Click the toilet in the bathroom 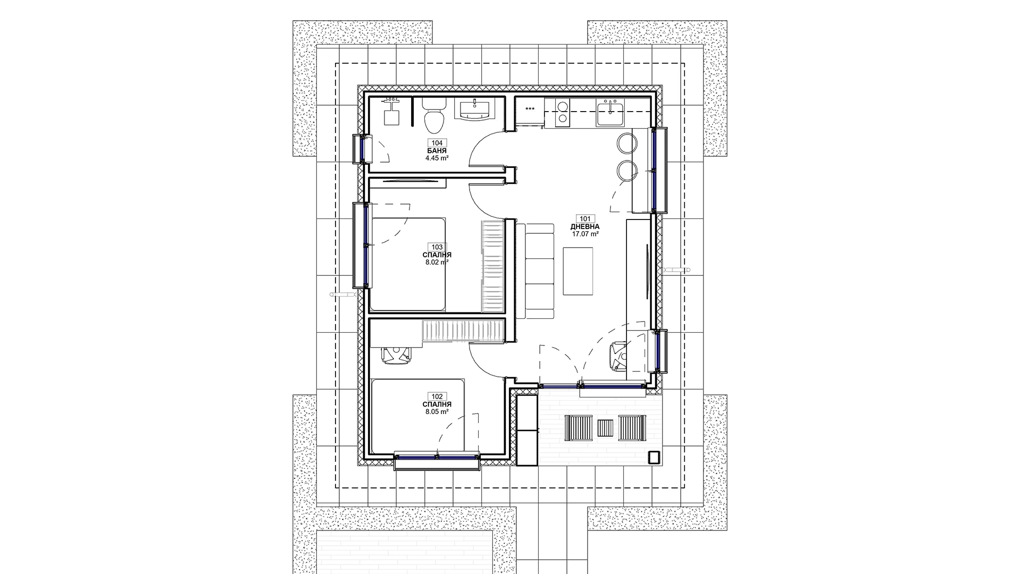tap(434, 115)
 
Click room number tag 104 tap(437, 143)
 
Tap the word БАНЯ tap(437, 151)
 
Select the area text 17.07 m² tap(585, 233)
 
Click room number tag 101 tap(585, 218)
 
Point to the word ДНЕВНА tap(585, 226)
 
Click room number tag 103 tap(437, 247)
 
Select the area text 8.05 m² tap(437, 411)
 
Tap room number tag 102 tap(437, 396)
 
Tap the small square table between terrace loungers tap(605, 428)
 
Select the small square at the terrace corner tap(654, 457)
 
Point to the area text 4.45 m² tap(437, 158)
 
